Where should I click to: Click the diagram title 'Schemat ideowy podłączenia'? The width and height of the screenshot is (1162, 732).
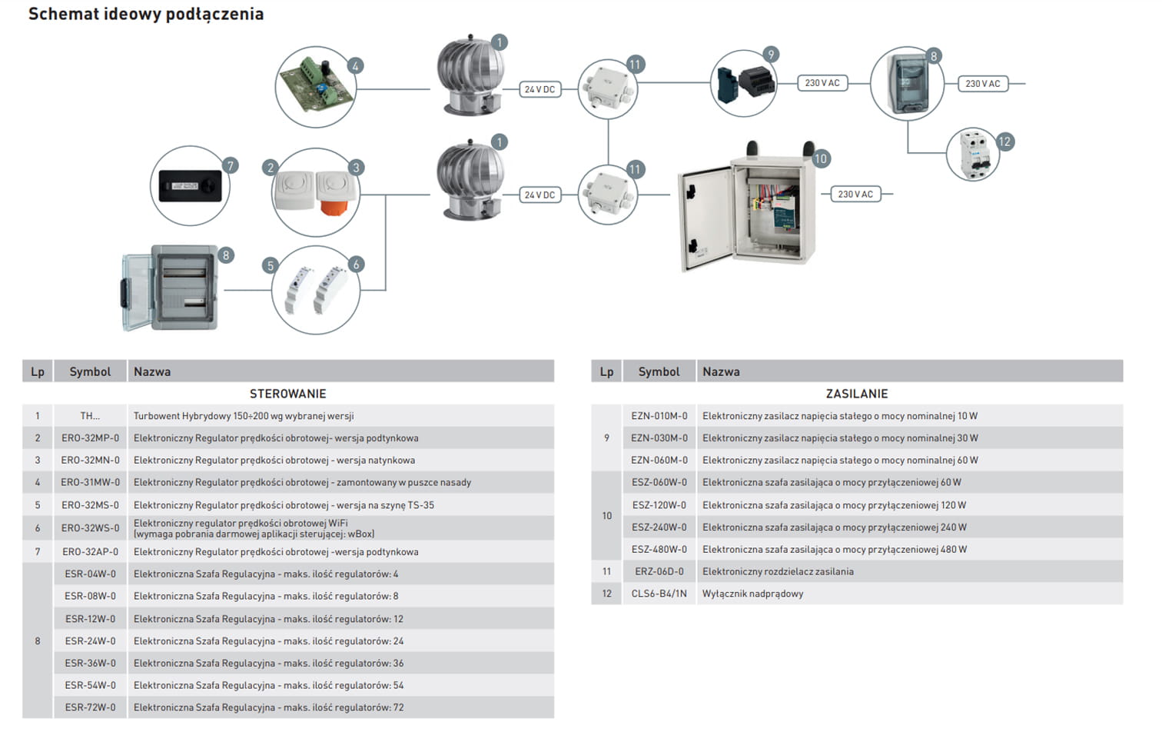click(146, 14)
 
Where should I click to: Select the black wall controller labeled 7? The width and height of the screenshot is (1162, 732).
click(190, 186)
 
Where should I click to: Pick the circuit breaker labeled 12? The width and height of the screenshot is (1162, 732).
click(972, 155)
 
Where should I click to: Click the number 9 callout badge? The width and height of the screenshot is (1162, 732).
click(771, 54)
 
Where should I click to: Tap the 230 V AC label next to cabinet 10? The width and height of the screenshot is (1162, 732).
click(855, 195)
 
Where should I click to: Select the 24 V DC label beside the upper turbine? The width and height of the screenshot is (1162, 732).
click(539, 90)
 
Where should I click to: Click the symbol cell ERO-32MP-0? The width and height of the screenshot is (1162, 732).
click(91, 438)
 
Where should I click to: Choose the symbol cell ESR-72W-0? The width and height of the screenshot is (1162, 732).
click(91, 707)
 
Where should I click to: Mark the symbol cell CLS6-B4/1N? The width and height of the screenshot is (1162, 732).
click(659, 594)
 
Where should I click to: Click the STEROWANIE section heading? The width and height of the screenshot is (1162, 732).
click(288, 394)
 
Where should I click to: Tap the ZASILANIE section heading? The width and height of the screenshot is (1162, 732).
click(857, 394)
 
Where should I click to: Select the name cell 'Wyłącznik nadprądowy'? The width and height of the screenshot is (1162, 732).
click(753, 594)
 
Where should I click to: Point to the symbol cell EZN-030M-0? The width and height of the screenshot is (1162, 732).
click(659, 438)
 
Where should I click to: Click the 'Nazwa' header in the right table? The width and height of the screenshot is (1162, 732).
click(721, 372)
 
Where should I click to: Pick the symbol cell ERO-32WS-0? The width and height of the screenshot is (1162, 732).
click(91, 528)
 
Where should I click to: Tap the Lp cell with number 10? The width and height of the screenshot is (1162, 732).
click(607, 516)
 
